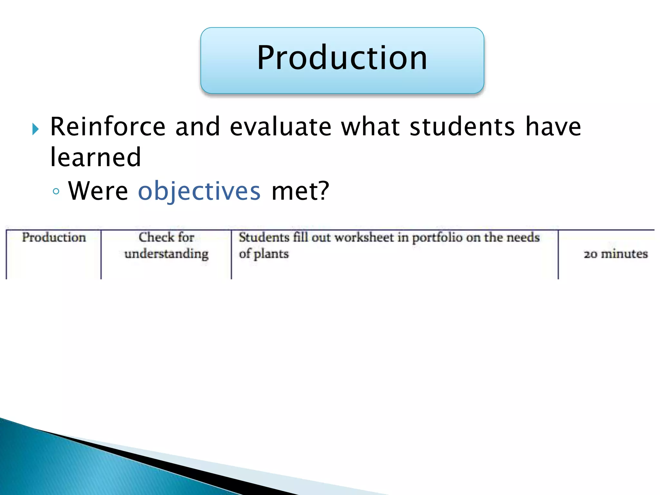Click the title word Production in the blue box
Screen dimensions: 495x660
point(342,58)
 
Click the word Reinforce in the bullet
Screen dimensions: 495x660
point(108,127)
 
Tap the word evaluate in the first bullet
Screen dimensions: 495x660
point(280,127)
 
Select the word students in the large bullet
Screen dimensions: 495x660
point(462,127)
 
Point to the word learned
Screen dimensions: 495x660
point(96,158)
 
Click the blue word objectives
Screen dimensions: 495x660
point(199,191)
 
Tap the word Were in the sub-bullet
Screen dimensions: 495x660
point(98,191)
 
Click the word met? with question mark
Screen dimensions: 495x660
point(300,191)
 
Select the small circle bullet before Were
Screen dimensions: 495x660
point(56,192)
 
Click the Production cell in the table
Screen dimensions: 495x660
point(54,238)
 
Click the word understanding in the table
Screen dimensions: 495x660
point(166,254)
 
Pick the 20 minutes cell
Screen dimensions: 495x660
point(616,254)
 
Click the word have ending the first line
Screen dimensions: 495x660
point(553,127)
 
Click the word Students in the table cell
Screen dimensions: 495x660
point(264,238)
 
